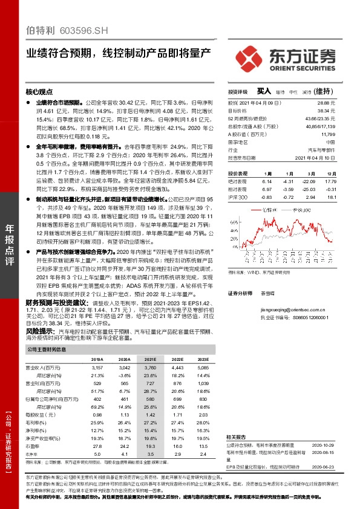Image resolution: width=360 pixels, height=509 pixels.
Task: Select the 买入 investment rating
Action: coord(264,91)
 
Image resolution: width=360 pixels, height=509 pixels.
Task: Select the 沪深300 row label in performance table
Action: coord(238,198)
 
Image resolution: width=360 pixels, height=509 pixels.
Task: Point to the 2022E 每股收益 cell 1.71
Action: coord(177,415)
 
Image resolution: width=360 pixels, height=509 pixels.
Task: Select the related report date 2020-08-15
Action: coord(322,452)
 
